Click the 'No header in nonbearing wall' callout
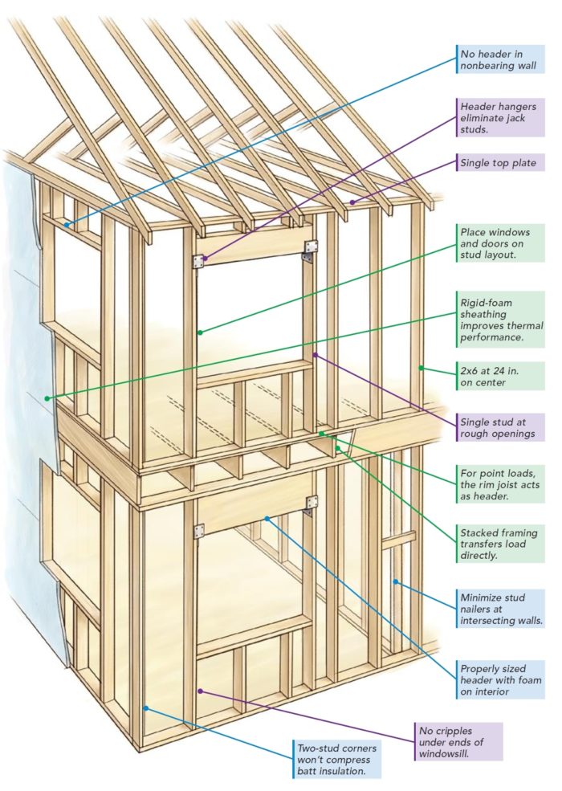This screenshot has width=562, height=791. (x=498, y=60)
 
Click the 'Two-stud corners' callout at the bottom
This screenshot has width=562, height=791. (x=336, y=758)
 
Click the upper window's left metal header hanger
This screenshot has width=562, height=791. (x=198, y=260)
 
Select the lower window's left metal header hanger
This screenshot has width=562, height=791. (x=198, y=530)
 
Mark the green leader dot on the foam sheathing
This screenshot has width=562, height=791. (x=48, y=398)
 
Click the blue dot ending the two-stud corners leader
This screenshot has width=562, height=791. (x=146, y=707)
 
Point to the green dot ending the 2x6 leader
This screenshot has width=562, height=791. (x=420, y=369)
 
